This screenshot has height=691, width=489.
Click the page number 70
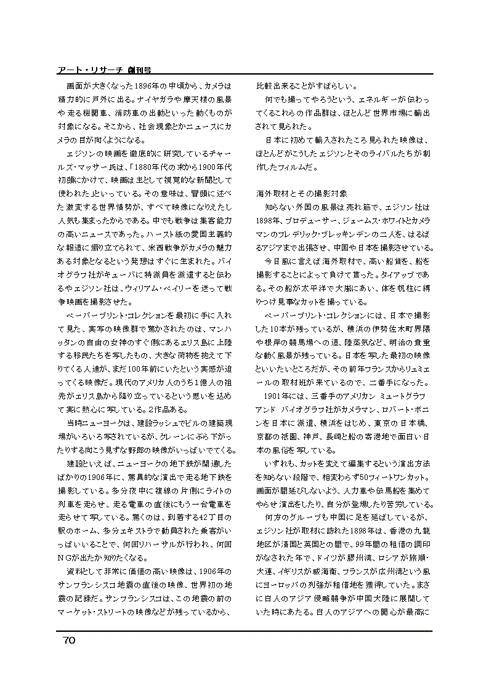coord(68,641)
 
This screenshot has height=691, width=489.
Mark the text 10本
coord(276,329)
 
